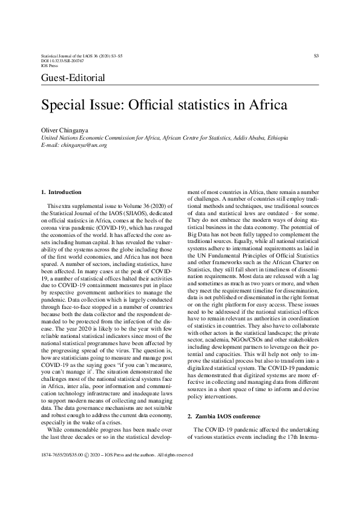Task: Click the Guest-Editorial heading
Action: pyautogui.click(x=73, y=78)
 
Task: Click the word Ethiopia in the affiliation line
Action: pyautogui.click(x=276, y=138)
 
